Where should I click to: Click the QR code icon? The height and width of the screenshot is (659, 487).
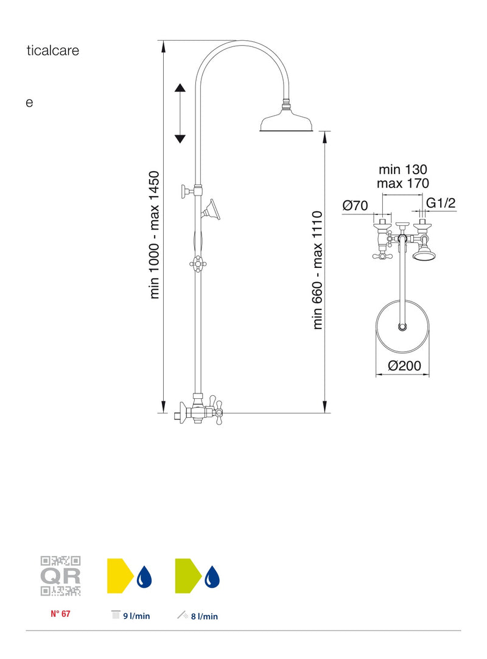point(60,576)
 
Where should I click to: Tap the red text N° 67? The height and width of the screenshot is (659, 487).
point(60,613)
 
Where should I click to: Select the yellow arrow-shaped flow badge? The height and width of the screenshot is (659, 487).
point(121,576)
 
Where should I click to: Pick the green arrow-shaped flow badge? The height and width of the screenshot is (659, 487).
point(189,576)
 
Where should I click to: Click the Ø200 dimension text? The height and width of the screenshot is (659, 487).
point(404,365)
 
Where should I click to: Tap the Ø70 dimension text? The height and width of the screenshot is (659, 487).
point(355,205)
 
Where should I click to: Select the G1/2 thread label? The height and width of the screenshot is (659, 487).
point(441,203)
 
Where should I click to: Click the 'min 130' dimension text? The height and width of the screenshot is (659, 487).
point(402,169)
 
